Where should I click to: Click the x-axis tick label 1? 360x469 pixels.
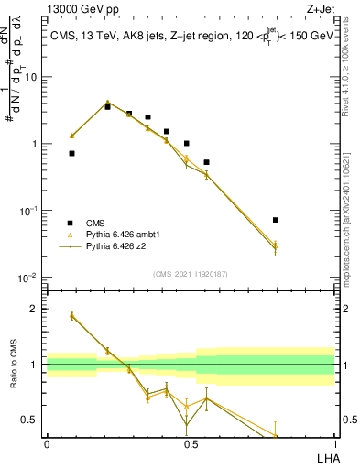pyautogui.click(x=334, y=444)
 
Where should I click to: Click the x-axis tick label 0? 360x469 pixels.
pyautogui.click(x=47, y=444)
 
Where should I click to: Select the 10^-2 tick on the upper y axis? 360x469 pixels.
pyautogui.click(x=29, y=278)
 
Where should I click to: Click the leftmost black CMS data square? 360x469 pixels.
pyautogui.click(x=72, y=154)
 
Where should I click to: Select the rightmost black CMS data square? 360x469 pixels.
pyautogui.click(x=276, y=220)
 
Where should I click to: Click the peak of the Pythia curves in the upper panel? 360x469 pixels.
pyautogui.click(x=107, y=103)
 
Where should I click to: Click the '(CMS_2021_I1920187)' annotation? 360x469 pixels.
pyautogui.click(x=191, y=273)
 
